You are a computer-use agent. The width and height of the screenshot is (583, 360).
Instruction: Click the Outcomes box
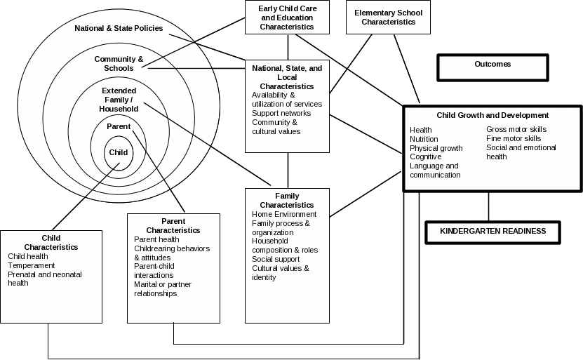[x=492, y=67]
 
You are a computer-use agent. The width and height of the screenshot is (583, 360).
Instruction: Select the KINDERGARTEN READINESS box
[x=492, y=232]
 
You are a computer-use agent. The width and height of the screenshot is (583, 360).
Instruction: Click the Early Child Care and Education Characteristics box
[x=287, y=18]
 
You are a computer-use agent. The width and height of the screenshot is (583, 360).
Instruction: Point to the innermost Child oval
[x=119, y=152]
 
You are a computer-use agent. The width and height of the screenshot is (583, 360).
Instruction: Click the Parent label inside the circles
[x=119, y=127]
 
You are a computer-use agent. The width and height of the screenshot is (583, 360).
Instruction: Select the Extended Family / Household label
[x=119, y=100]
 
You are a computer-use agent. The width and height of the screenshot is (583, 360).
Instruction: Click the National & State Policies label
[x=119, y=29]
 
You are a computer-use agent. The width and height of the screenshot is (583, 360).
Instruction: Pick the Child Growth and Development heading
[x=492, y=115]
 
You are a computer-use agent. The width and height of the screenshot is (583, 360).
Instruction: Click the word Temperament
[x=31, y=266]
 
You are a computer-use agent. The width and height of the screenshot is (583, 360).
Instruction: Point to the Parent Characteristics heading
[x=173, y=225]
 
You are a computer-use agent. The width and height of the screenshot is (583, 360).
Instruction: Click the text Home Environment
[x=284, y=214]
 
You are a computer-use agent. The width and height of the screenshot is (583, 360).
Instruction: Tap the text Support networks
[x=281, y=113]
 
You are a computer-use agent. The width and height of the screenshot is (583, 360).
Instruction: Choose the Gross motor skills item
[x=516, y=130]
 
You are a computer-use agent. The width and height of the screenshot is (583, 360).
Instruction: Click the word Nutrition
[x=424, y=139]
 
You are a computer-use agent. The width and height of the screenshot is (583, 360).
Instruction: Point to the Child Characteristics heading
[x=51, y=243]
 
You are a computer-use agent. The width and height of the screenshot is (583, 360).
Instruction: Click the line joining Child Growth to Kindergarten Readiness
[x=489, y=206]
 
